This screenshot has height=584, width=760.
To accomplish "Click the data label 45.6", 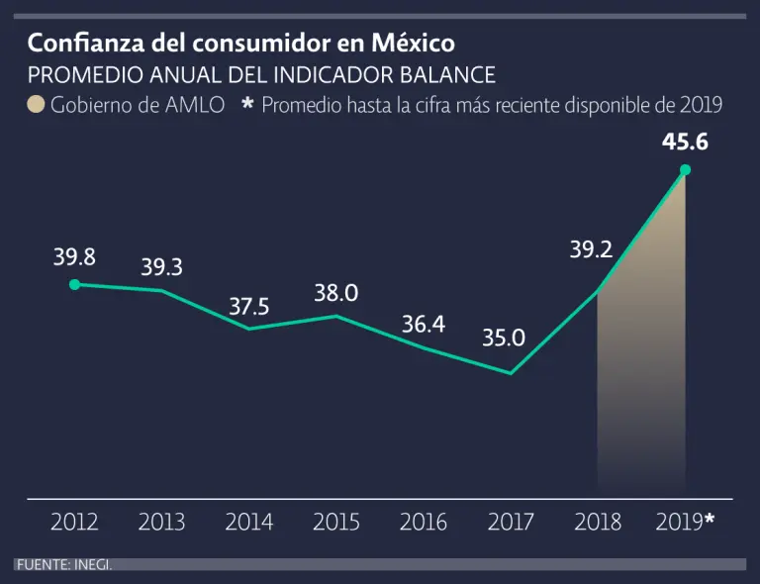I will click(x=685, y=143).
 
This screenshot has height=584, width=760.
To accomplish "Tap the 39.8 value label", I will click(x=74, y=257).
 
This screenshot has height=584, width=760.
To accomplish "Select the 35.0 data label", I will click(x=504, y=339).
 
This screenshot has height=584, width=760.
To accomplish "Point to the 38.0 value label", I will click(x=335, y=293).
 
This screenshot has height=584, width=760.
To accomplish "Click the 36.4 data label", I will click(x=424, y=324).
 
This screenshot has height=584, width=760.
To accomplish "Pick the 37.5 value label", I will click(x=249, y=307).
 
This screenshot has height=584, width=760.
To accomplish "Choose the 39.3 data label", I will click(x=161, y=267).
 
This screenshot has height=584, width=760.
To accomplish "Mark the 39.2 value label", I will click(x=591, y=250).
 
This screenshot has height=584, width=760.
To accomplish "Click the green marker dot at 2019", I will click(x=685, y=170).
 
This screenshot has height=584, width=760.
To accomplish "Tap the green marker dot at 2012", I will click(x=74, y=285).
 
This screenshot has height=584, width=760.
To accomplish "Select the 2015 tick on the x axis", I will click(x=336, y=522).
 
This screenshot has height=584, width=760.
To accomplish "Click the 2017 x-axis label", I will click(x=511, y=522).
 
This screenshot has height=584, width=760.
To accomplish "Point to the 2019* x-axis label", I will click(x=685, y=522).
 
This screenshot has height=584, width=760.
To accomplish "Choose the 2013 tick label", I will click(x=162, y=522).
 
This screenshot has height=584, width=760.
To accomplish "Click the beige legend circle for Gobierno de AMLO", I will click(x=36, y=105).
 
